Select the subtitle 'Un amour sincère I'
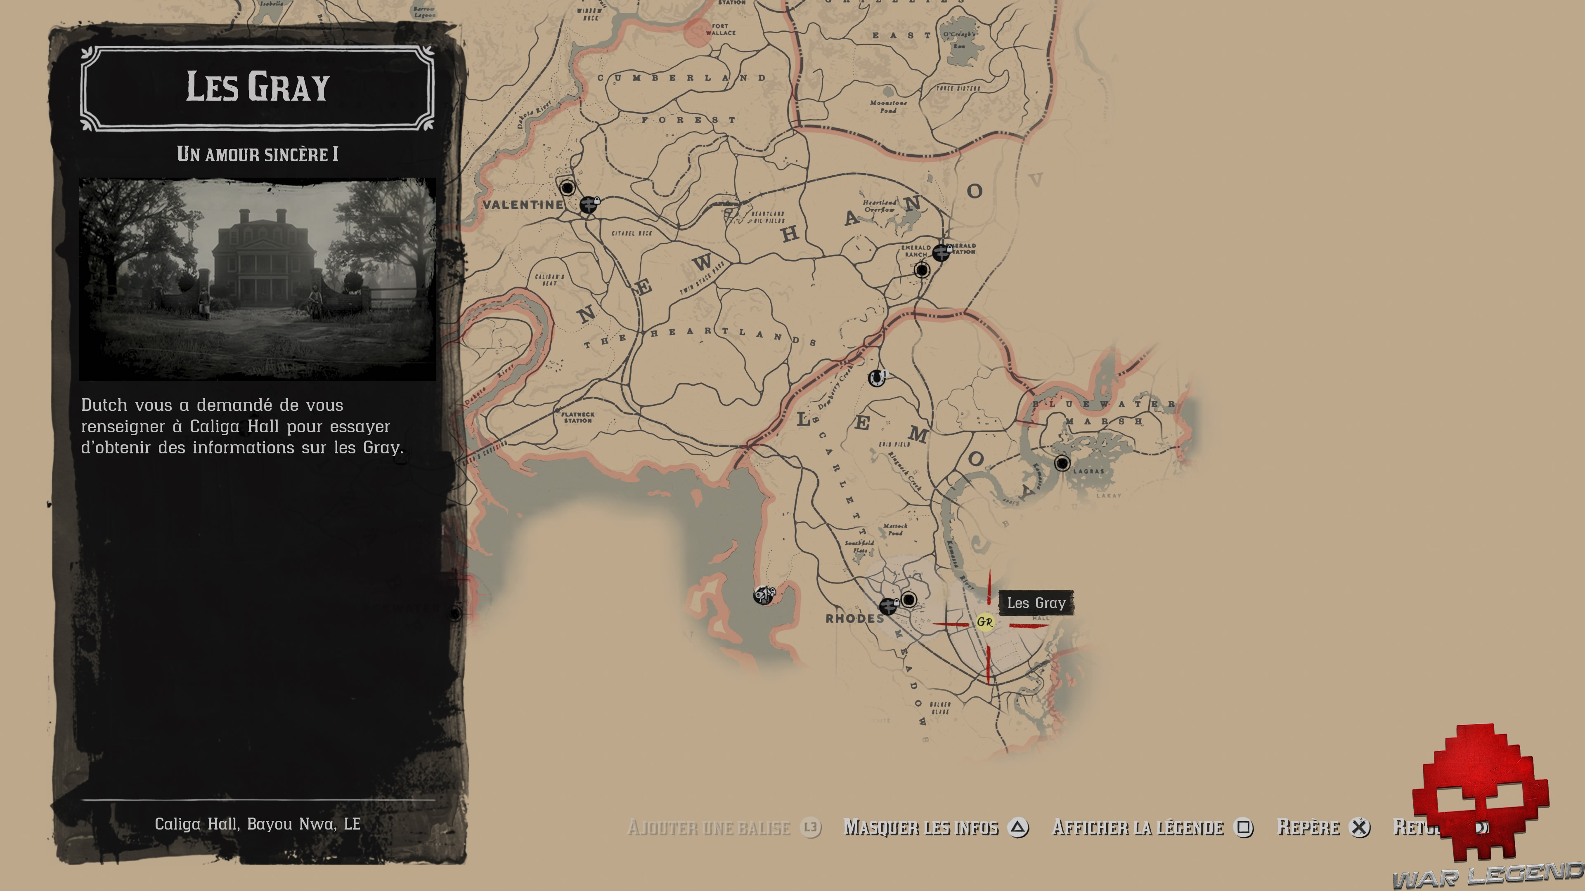[257, 154]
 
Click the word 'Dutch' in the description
[103, 405]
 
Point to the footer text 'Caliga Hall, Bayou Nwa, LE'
[257, 824]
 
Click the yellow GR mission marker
[984, 622]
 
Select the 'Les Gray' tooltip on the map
[1036, 603]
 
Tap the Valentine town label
[523, 205]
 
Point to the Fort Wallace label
[721, 30]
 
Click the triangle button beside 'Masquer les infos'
[1018, 827]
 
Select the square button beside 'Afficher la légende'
[1244, 827]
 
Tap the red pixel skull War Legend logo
[1480, 793]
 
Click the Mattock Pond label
[894, 529]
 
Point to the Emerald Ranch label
[916, 251]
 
